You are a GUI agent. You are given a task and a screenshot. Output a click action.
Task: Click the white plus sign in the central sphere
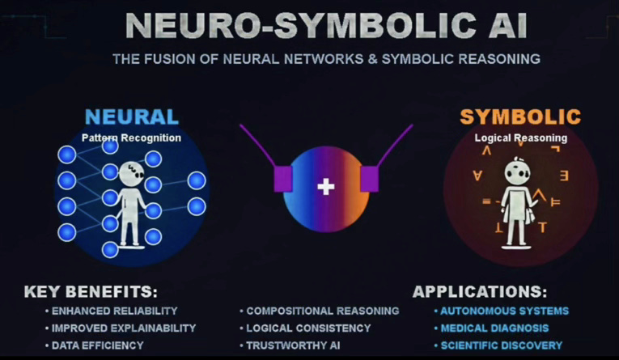coord(325,187)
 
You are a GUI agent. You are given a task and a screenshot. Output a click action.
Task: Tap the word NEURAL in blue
coord(131,117)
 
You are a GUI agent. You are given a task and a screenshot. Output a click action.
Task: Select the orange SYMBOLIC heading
coord(520,117)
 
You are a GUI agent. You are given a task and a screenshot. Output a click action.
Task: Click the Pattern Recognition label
coord(131,138)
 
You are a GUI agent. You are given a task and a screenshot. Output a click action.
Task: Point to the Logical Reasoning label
coord(520,138)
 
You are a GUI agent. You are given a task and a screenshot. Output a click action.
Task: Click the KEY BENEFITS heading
coord(91,292)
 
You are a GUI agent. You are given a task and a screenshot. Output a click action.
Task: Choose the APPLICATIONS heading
coord(479,292)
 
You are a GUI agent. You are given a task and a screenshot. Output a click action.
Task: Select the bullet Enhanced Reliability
coord(114,311)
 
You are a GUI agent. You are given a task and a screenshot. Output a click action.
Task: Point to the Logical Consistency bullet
coord(308,328)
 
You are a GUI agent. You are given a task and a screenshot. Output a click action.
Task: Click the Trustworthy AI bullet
coord(292,345)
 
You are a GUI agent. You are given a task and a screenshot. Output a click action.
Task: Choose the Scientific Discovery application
coord(501,345)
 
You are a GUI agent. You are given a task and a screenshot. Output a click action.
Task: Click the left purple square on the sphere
coord(282,178)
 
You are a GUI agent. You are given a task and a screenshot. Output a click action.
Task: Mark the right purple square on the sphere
coord(369,178)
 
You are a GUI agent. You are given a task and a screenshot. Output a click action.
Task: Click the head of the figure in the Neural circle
coord(131,172)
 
